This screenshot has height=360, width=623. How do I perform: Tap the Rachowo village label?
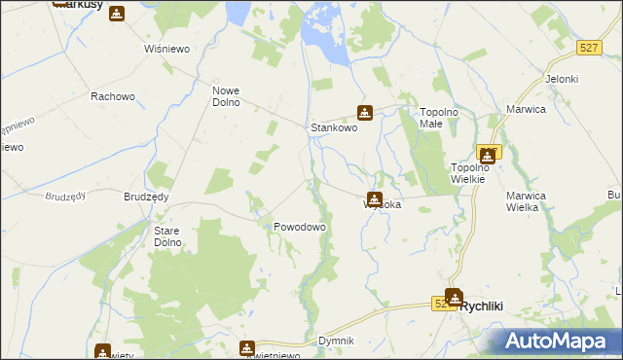tap(111, 96)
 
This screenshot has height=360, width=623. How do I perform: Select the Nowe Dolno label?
tap(225, 96)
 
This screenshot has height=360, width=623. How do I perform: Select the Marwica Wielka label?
tap(528, 200)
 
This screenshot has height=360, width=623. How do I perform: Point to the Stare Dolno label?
tap(172, 236)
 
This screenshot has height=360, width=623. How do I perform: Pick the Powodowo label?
tap(299, 226)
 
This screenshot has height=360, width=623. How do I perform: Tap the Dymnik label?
tap(336, 341)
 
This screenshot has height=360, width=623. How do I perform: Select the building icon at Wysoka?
tap(374, 198)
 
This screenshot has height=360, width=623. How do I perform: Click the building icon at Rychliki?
tap(454, 297)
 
